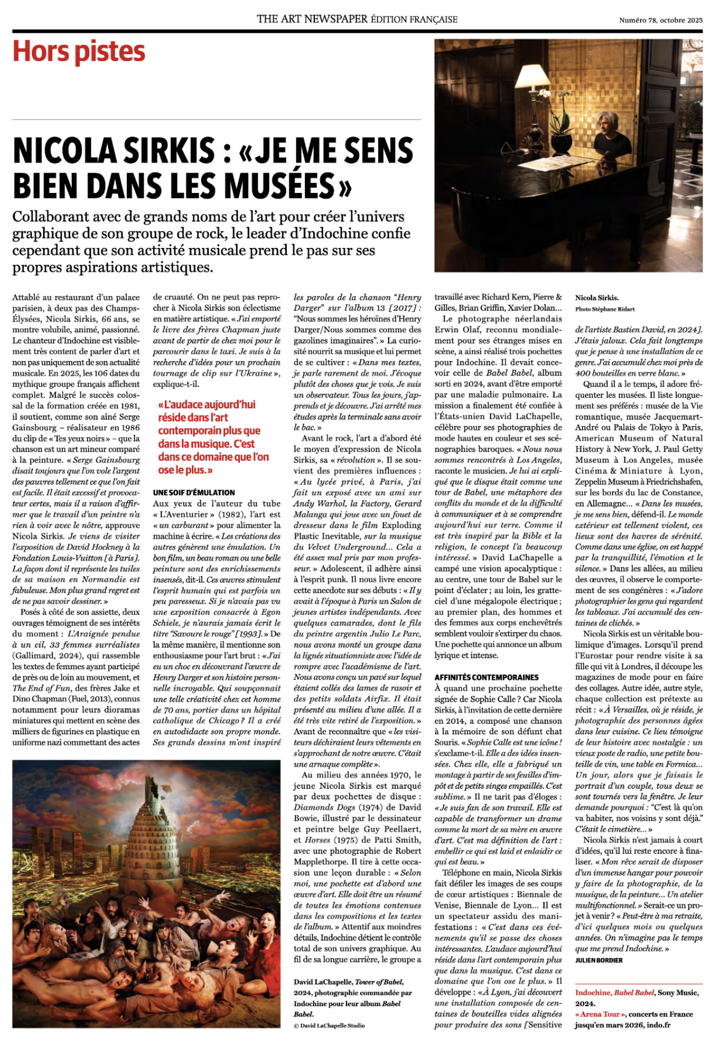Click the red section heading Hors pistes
pos(79,52)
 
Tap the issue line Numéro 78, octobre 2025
pos(660,20)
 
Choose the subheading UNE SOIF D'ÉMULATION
pos(194,492)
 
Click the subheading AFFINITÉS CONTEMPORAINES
pos(486,677)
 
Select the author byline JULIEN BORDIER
pos(599,960)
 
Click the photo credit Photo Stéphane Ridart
pos(605,309)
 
